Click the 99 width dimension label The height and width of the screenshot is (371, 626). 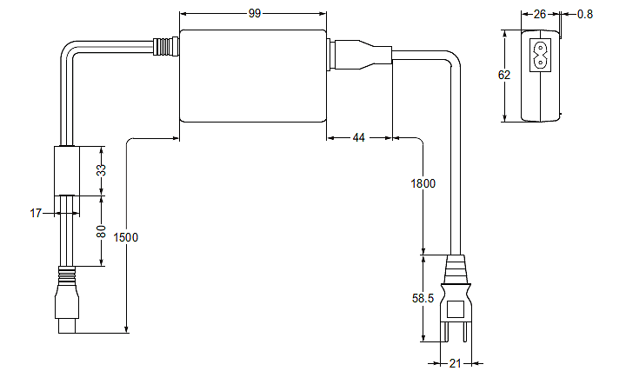pos(254,14)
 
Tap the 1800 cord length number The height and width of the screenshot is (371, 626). pos(423,184)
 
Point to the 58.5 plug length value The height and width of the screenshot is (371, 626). pos(423,298)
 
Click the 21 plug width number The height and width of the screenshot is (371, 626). pos(454,363)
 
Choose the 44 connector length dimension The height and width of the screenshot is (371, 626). pos(359,137)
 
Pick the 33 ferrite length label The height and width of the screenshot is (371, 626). pos(101,169)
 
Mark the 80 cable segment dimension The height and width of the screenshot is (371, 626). pos(101,231)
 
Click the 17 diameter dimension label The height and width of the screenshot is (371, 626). pos(36,212)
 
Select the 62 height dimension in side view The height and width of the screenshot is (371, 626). pos(504,75)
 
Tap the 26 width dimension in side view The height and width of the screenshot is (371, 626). pos(540,14)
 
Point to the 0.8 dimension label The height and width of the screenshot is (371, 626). pos(585,14)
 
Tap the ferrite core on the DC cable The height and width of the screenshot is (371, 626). pos(67,169)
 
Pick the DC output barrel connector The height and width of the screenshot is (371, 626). pos(67,304)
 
